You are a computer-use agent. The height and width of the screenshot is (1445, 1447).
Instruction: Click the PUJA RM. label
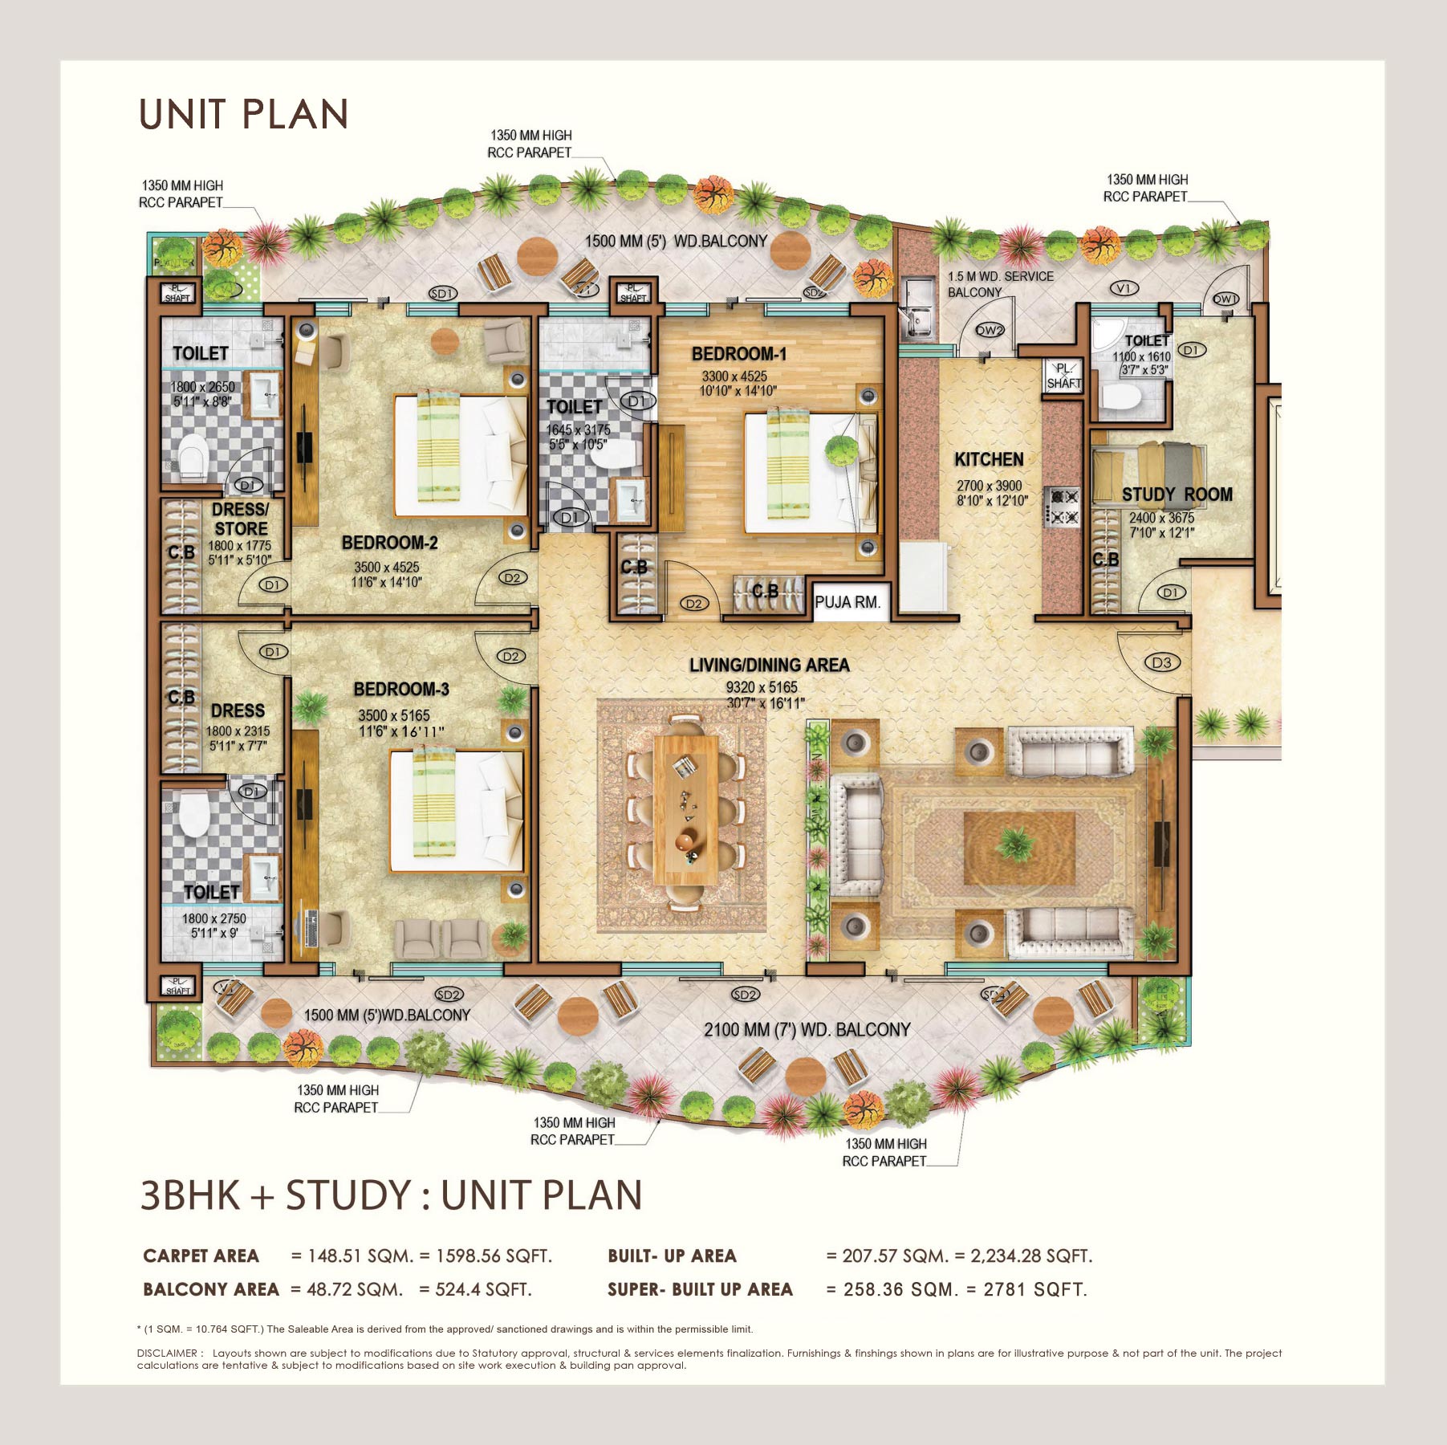847,602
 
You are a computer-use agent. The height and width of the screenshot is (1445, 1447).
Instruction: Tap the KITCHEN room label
989,459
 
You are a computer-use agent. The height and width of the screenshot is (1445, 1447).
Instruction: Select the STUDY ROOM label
1177,495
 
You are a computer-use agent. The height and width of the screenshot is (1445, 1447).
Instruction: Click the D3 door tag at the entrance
1161,662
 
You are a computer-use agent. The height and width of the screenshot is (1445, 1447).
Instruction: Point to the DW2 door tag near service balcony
989,330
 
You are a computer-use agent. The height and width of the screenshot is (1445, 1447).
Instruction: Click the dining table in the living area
685,808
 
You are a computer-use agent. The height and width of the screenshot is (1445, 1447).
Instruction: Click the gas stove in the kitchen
1063,507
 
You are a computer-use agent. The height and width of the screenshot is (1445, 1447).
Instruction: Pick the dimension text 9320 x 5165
762,687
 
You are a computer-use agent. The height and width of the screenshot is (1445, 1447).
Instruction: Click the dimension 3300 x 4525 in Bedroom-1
734,376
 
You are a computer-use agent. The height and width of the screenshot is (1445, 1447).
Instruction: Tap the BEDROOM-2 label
390,543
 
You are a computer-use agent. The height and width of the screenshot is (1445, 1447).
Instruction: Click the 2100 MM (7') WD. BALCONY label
807,1029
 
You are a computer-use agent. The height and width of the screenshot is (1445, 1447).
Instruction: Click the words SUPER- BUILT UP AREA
700,1289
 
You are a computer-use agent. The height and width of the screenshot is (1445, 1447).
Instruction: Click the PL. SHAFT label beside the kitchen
1063,376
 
